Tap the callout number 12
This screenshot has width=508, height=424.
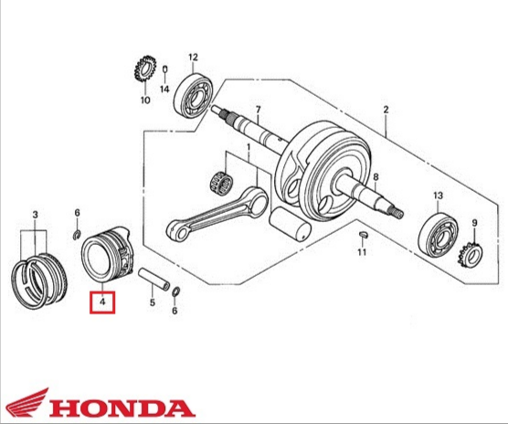tap(193, 58)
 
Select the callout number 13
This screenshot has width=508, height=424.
tap(438, 196)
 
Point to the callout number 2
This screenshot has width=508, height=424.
tap(386, 110)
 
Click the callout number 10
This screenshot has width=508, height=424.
tap(145, 101)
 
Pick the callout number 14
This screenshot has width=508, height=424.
tap(164, 89)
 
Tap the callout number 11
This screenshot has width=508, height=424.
tap(362, 251)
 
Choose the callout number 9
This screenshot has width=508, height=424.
tap(474, 223)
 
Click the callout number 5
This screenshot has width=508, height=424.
tap(153, 302)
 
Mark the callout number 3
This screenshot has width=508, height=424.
tap(35, 215)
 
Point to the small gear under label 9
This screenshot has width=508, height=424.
tap(471, 255)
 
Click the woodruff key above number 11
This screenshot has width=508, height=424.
tap(363, 234)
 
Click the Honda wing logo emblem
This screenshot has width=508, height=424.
tap(27, 403)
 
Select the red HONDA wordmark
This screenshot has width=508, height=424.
tap(122, 408)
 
